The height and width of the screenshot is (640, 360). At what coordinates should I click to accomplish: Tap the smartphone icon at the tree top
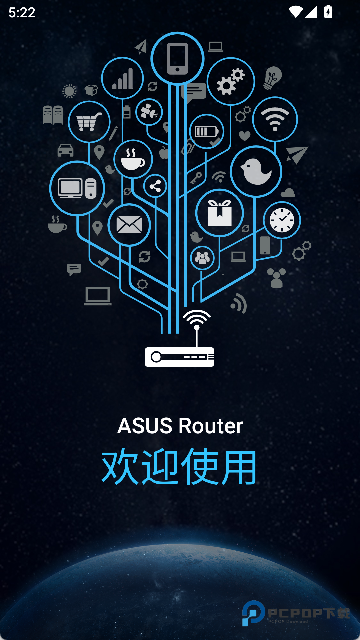(177, 57)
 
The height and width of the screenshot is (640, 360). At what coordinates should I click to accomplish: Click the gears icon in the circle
(230, 82)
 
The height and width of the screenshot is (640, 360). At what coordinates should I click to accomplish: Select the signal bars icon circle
(123, 76)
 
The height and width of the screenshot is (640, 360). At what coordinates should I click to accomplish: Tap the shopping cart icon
(88, 122)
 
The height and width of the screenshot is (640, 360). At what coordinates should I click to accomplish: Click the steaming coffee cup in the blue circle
(133, 158)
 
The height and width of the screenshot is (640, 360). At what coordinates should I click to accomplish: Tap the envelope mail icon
(129, 224)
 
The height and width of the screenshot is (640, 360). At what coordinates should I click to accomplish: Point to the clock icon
(282, 220)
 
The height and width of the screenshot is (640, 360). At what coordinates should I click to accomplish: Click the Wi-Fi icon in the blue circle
(274, 119)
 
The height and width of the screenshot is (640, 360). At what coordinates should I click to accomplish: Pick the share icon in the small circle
(156, 186)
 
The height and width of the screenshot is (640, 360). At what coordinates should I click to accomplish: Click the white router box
(180, 356)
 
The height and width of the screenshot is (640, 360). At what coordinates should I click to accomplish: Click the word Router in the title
(210, 426)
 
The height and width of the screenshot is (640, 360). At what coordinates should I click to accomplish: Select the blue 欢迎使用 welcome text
(180, 467)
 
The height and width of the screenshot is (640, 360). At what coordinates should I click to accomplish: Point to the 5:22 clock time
(21, 12)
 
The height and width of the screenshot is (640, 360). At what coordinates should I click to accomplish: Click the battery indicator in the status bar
(328, 12)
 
